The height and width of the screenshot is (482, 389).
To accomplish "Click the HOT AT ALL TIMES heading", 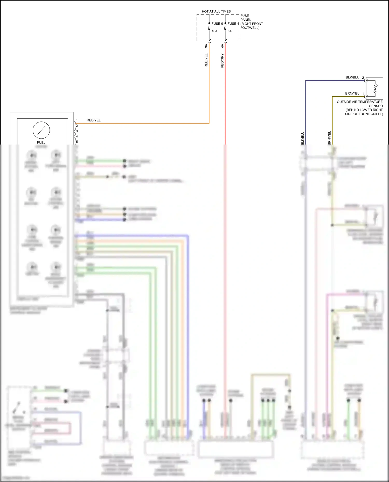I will pos(216,11).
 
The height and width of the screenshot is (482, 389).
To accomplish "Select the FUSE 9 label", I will pos(217,24).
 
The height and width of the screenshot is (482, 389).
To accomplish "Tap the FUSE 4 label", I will pos(233,24).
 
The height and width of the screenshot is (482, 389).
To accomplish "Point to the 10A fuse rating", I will pos(214,31).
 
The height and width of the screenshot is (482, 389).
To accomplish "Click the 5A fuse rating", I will pos(230,31).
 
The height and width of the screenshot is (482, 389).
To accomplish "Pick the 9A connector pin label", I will pos(206,46).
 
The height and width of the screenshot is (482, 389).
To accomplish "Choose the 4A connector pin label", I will pos(222,46).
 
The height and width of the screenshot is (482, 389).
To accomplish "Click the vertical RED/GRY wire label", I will pos(222,61).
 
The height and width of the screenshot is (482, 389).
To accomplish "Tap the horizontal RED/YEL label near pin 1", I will pos(93,120).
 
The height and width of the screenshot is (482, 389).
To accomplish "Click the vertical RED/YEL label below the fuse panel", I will pos(206,61).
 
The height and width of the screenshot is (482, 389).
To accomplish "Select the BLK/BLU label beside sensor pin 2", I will pos(352,77).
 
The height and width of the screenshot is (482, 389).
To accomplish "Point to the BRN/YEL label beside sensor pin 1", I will pos(352,93).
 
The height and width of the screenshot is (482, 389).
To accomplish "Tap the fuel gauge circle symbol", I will pos(41,130).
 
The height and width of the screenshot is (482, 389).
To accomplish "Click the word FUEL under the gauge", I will pos(41,142).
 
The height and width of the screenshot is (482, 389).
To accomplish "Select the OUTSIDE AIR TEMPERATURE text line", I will pos(359,102).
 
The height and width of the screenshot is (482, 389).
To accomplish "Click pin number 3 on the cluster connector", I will pos(77,131).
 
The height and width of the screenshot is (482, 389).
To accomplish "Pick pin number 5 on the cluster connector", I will pos(77,142).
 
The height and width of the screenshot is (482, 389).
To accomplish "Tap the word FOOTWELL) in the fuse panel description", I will pos(250,28).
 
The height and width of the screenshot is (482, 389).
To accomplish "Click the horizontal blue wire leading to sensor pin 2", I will pos(335,81).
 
